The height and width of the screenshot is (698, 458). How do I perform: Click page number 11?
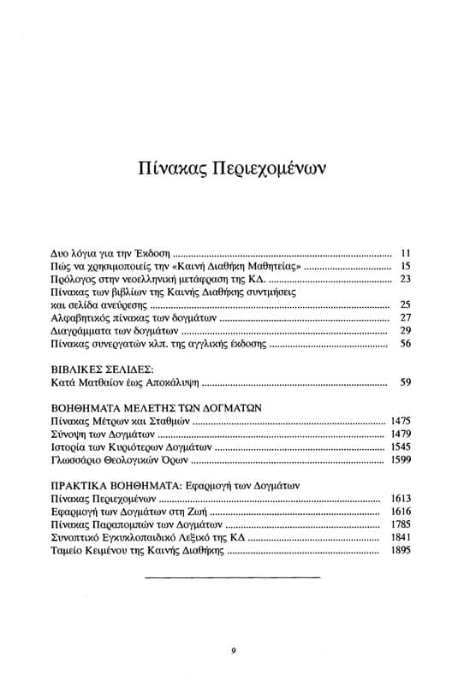[x=407, y=254]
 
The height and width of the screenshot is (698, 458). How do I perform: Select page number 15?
[x=407, y=267]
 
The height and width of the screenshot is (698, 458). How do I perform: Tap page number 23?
[x=407, y=280]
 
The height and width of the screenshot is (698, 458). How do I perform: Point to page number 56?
[x=407, y=343]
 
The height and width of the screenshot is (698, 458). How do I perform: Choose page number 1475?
[x=401, y=422]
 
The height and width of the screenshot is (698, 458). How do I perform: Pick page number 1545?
[x=401, y=447]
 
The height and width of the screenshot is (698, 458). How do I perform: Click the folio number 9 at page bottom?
[x=233, y=651]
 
